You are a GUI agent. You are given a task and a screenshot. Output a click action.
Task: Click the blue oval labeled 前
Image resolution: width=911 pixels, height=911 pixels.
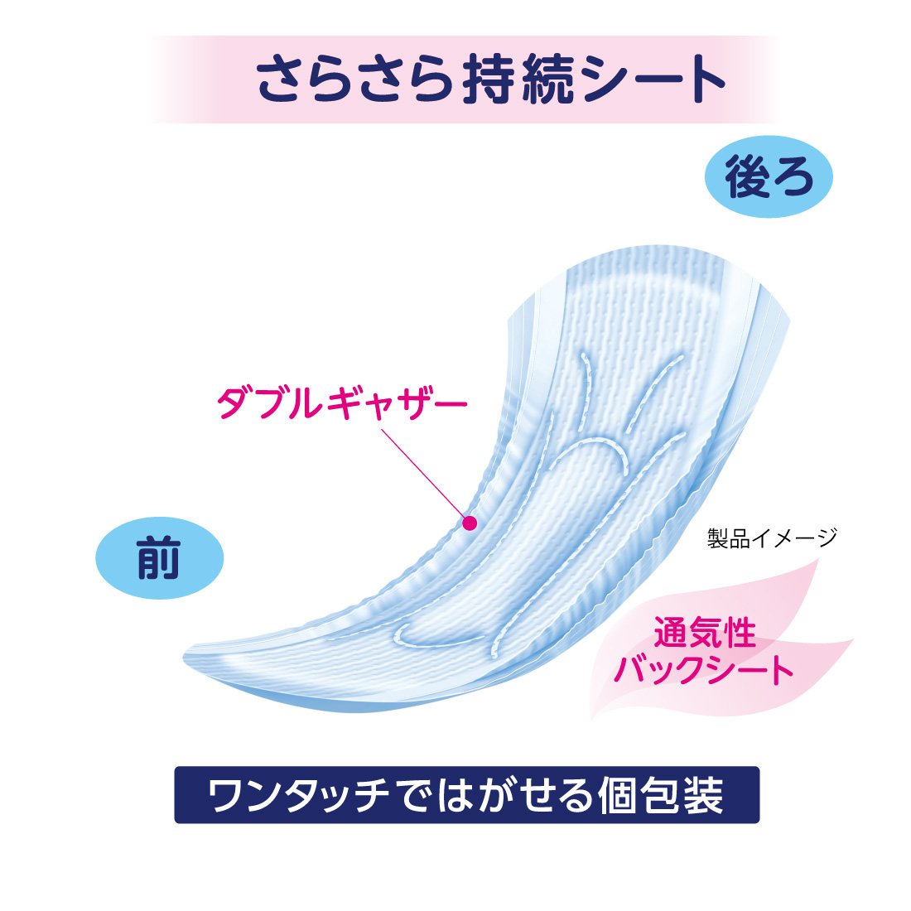coord(160,557)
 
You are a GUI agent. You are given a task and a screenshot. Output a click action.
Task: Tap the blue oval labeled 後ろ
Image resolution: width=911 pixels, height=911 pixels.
coord(768,176)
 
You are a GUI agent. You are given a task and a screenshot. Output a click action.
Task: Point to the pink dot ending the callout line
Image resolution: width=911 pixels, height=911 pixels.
coord(470,523)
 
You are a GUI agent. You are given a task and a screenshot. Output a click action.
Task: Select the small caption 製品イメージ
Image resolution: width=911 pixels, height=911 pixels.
coord(772,537)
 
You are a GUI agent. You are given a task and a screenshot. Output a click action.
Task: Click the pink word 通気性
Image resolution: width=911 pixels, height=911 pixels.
coord(704,632)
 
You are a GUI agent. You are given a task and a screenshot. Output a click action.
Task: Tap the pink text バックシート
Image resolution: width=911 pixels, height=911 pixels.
coord(704,669)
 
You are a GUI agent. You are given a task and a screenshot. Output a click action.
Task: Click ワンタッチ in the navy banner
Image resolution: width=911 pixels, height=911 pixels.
coord(299,795)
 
